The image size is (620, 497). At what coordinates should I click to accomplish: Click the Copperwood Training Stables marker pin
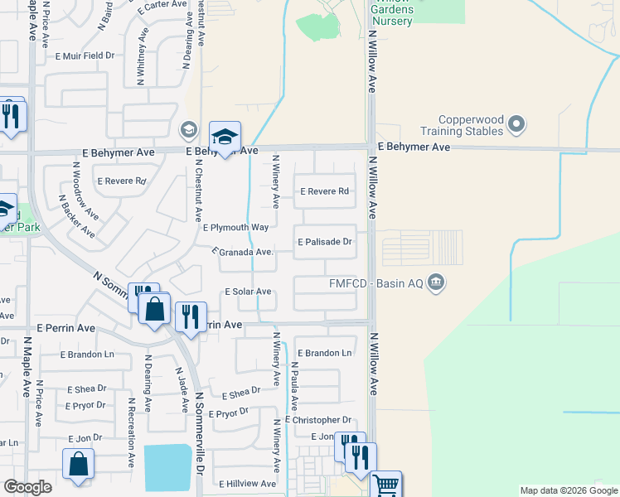[x=516, y=124]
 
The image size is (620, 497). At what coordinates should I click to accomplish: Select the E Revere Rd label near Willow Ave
[x=324, y=191]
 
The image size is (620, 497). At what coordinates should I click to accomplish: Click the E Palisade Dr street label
[x=326, y=243]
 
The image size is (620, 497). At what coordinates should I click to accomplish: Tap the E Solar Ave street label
[x=249, y=292]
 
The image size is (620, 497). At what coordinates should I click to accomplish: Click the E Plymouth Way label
[x=236, y=228]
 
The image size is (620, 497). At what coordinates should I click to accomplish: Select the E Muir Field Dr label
[x=84, y=57]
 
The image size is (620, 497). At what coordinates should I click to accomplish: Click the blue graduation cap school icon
[x=225, y=137]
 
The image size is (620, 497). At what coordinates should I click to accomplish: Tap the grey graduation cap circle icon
[x=188, y=128]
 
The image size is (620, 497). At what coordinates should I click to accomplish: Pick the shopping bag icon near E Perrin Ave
[x=155, y=310]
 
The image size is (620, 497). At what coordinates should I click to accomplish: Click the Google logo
[x=27, y=487]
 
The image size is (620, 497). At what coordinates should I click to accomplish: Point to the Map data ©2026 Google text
[x=568, y=490]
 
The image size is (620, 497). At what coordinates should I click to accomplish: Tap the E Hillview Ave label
[x=248, y=484]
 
